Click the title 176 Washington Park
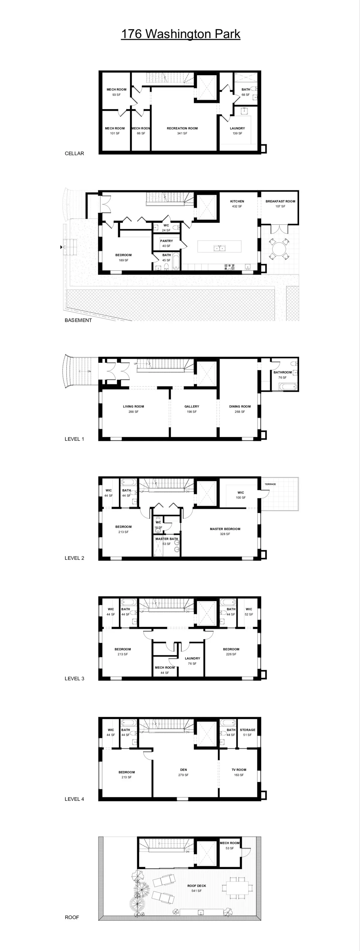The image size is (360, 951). (x=181, y=34)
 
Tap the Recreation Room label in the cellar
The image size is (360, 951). (x=182, y=131)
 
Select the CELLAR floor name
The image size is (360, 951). (x=74, y=154)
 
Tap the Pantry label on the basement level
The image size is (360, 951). (x=166, y=243)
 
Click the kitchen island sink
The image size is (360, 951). (x=219, y=248)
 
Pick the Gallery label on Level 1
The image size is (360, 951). (x=192, y=409)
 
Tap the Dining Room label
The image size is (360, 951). (x=240, y=409)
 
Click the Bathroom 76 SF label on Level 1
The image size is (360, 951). (x=283, y=375)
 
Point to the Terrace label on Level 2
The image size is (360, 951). (x=270, y=484)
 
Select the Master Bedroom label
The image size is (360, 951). (x=225, y=531)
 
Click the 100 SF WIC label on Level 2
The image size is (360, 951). (x=241, y=495)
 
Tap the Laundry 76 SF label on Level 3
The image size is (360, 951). (x=192, y=661)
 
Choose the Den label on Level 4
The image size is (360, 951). (x=184, y=772)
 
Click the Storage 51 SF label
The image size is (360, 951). (x=247, y=732)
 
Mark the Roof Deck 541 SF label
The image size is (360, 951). (x=196, y=888)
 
